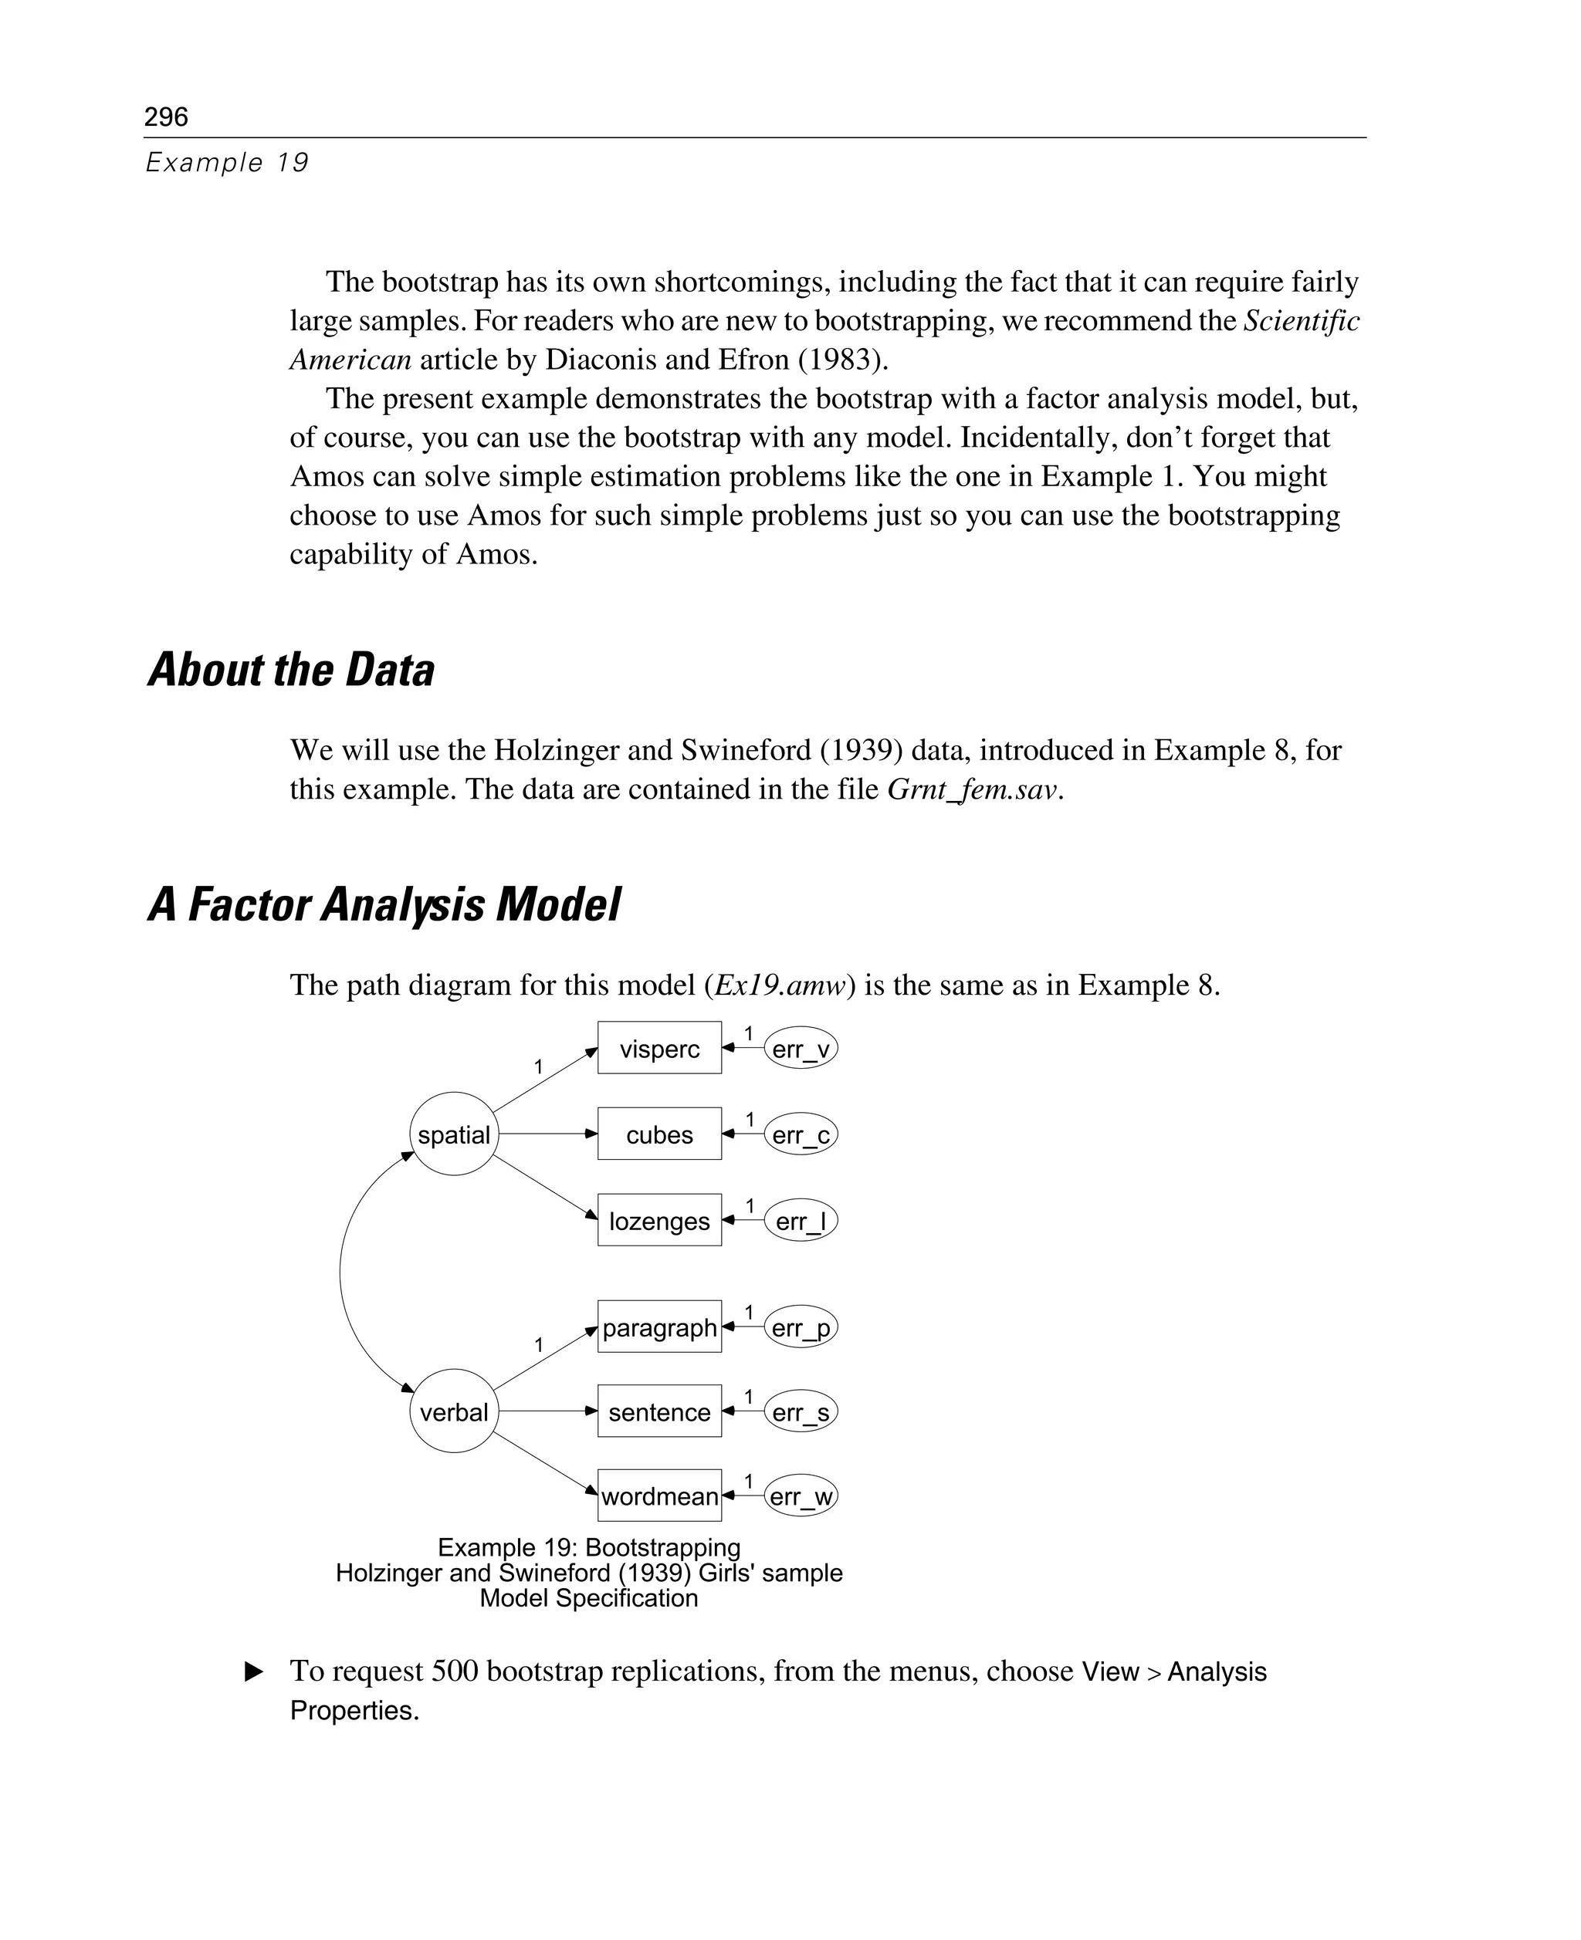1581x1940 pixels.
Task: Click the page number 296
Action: tap(166, 117)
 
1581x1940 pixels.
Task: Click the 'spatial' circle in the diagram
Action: tap(454, 1134)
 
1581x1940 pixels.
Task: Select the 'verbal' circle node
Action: tap(454, 1412)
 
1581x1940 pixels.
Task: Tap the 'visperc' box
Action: tap(659, 1049)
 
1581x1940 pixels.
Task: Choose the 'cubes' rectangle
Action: tap(659, 1134)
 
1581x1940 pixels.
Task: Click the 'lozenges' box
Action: tap(659, 1221)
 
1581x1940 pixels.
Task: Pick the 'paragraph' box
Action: tap(659, 1327)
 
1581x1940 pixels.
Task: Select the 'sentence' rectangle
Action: tap(659, 1412)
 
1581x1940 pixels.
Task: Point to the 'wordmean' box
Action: tap(659, 1496)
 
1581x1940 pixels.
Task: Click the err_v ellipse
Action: tap(801, 1049)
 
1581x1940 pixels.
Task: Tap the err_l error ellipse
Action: tap(801, 1221)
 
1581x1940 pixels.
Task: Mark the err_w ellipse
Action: tap(801, 1496)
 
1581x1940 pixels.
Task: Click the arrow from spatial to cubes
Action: tap(547, 1134)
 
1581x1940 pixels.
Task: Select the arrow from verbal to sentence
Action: tap(547, 1411)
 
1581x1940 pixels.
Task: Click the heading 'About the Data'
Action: tap(292, 670)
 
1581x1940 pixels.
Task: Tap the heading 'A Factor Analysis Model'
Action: tap(384, 905)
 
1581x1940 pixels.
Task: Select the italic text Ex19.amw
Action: tap(780, 985)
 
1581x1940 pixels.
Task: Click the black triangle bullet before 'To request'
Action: tap(255, 1671)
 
